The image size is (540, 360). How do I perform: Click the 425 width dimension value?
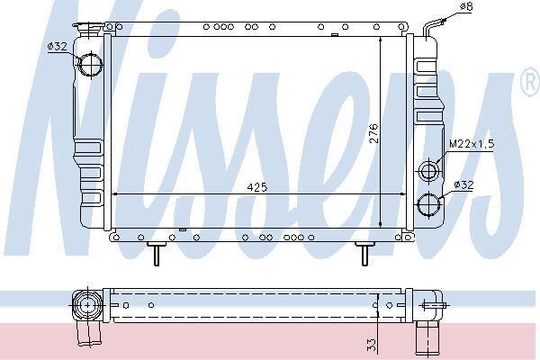point(257,187)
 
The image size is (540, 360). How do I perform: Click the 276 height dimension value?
point(373,133)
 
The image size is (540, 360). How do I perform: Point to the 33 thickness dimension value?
point(371,345)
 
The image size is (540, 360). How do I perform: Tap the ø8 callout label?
point(467,6)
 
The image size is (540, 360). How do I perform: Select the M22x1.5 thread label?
point(472,144)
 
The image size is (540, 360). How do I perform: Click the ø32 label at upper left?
point(58,46)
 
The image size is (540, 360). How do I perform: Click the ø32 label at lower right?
point(463,185)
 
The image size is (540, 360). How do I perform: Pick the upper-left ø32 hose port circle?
point(91,65)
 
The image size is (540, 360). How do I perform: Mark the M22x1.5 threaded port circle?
point(428,170)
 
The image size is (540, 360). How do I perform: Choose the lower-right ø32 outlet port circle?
point(428,204)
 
